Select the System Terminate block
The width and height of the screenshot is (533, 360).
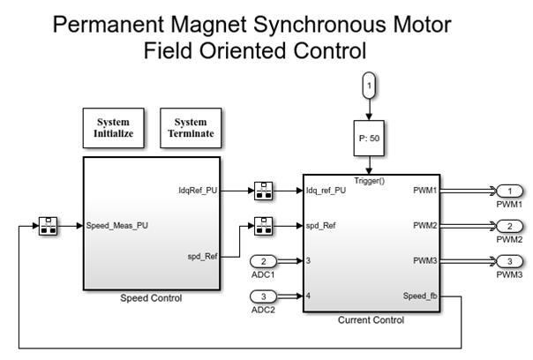[191, 128]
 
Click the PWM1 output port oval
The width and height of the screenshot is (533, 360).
[509, 191]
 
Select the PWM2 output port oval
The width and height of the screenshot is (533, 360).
[509, 226]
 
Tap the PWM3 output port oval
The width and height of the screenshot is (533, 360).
[509, 261]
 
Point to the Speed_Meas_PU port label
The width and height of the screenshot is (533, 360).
[117, 226]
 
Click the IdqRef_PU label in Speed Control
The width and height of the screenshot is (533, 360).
[197, 191]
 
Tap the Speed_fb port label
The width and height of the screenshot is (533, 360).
[418, 296]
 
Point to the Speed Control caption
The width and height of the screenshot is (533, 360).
[151, 298]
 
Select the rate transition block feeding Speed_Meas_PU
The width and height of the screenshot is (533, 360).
[49, 226]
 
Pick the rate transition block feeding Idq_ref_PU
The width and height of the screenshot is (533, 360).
[262, 191]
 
